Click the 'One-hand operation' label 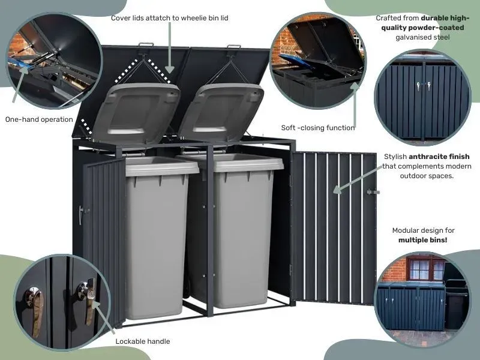[39, 119]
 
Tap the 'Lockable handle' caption [142, 341]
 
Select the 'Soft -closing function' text [318, 128]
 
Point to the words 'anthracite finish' [439, 157]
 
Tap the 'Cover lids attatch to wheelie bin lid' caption [170, 18]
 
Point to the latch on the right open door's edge [374, 192]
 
